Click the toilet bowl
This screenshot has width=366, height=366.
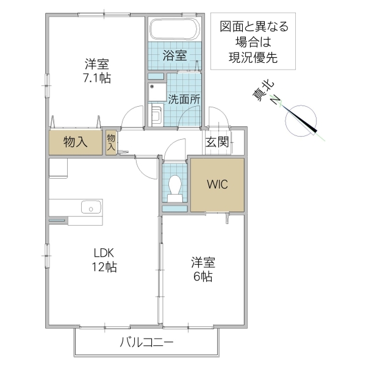click(176, 185)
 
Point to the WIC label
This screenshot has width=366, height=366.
click(217, 184)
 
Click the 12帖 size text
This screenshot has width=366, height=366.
click(104, 267)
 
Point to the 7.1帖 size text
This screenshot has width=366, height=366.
click(97, 78)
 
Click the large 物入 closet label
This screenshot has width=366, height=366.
click(75, 142)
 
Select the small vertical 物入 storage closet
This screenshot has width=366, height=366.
click(112, 142)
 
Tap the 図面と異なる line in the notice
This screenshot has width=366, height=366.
click(254, 26)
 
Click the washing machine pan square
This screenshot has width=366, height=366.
click(157, 93)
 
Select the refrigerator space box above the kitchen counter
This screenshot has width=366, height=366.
click(59, 168)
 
